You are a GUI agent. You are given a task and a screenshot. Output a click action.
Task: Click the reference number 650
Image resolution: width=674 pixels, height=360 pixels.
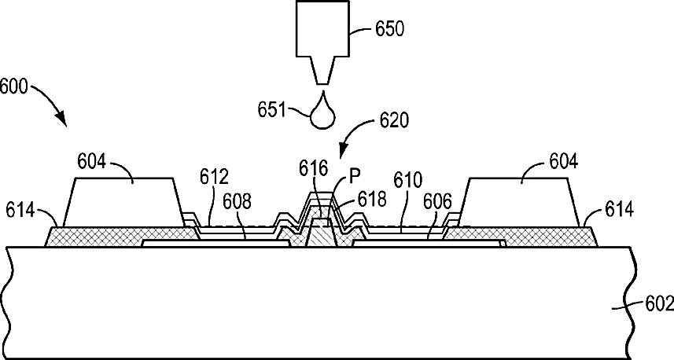(x=389, y=30)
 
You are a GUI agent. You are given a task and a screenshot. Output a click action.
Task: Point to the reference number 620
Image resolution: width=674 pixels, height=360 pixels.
(x=394, y=121)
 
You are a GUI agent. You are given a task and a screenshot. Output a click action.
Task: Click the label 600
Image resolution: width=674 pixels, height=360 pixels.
(x=13, y=85)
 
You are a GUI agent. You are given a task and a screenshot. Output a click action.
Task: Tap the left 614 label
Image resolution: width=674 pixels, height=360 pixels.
(x=20, y=210)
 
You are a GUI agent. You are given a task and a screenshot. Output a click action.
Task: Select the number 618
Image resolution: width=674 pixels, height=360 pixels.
(x=372, y=198)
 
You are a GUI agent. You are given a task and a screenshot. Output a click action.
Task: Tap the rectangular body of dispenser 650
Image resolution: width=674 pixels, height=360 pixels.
(x=322, y=28)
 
